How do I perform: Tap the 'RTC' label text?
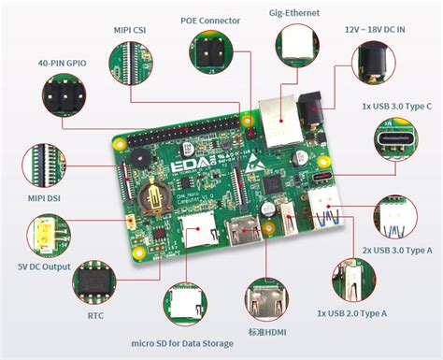point(96,316)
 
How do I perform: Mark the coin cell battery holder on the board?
point(151,199)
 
